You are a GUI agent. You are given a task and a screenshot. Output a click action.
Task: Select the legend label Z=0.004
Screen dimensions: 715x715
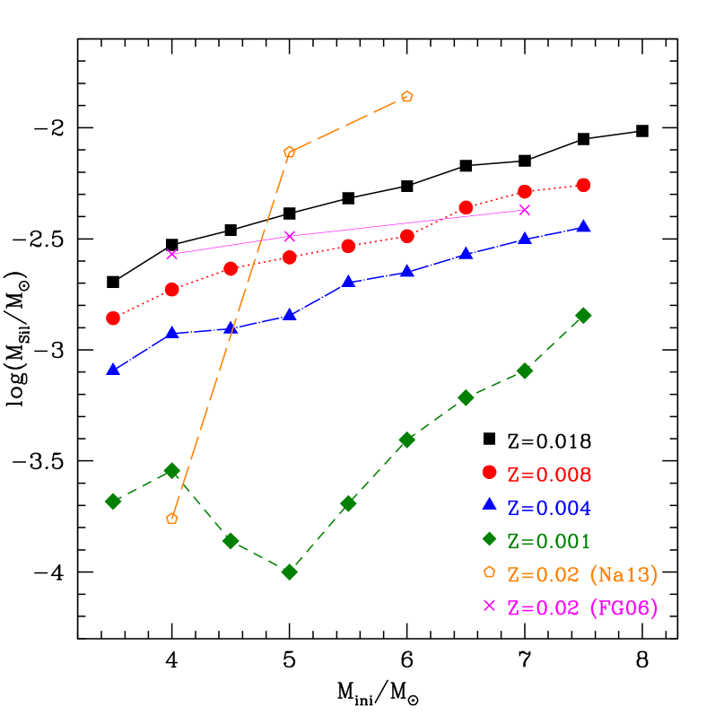click(549, 508)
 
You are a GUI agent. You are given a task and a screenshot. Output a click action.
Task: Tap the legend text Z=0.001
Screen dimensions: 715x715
click(549, 541)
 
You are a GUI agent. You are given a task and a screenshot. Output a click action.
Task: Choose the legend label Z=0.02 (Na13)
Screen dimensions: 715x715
click(576, 574)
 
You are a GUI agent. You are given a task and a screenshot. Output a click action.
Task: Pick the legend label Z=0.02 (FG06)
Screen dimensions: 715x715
click(582, 607)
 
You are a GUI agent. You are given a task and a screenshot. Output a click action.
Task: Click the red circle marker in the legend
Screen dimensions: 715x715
click(489, 472)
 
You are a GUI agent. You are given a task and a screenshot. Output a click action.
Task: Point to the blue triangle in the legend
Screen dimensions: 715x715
click(489, 504)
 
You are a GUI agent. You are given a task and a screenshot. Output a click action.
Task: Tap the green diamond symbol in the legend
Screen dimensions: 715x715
click(489, 538)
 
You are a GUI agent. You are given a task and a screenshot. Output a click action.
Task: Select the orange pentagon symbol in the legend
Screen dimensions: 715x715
click(489, 571)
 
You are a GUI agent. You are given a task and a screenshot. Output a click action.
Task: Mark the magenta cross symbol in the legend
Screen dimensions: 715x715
click(489, 605)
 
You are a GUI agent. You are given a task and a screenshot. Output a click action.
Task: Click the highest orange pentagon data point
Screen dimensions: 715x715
click(407, 96)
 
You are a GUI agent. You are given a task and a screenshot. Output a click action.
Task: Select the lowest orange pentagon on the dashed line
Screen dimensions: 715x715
click(172, 519)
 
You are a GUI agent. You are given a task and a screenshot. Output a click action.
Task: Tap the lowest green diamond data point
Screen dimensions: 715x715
click(289, 571)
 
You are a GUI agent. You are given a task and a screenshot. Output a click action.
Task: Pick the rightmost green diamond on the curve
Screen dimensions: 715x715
click(583, 315)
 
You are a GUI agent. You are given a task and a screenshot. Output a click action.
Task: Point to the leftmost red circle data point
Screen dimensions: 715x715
click(113, 318)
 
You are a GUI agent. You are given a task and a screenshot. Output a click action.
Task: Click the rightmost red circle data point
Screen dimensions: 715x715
click(583, 185)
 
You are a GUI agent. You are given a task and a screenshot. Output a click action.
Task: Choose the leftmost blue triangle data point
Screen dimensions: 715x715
click(113, 369)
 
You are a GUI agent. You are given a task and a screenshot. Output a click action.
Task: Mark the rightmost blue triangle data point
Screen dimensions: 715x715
click(584, 226)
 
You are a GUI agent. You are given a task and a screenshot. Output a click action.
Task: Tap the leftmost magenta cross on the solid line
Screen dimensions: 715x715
click(172, 254)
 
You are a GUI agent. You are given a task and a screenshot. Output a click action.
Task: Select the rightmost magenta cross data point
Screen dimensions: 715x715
click(525, 210)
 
